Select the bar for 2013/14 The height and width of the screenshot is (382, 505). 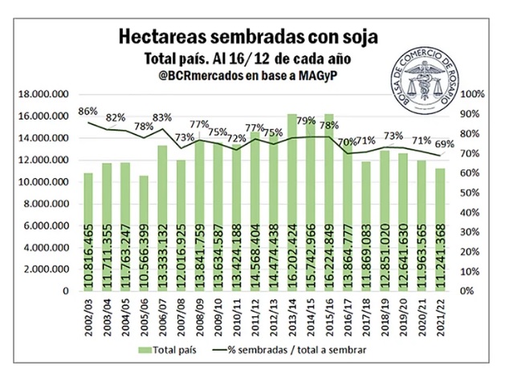[x=292, y=201]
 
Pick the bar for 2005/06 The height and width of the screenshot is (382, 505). [x=144, y=233]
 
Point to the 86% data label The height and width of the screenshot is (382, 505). [x=88, y=112]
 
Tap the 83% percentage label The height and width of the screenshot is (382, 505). [x=162, y=118]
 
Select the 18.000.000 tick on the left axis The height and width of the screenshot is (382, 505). [x=44, y=95]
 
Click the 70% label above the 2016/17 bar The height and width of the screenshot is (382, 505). [x=347, y=142]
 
